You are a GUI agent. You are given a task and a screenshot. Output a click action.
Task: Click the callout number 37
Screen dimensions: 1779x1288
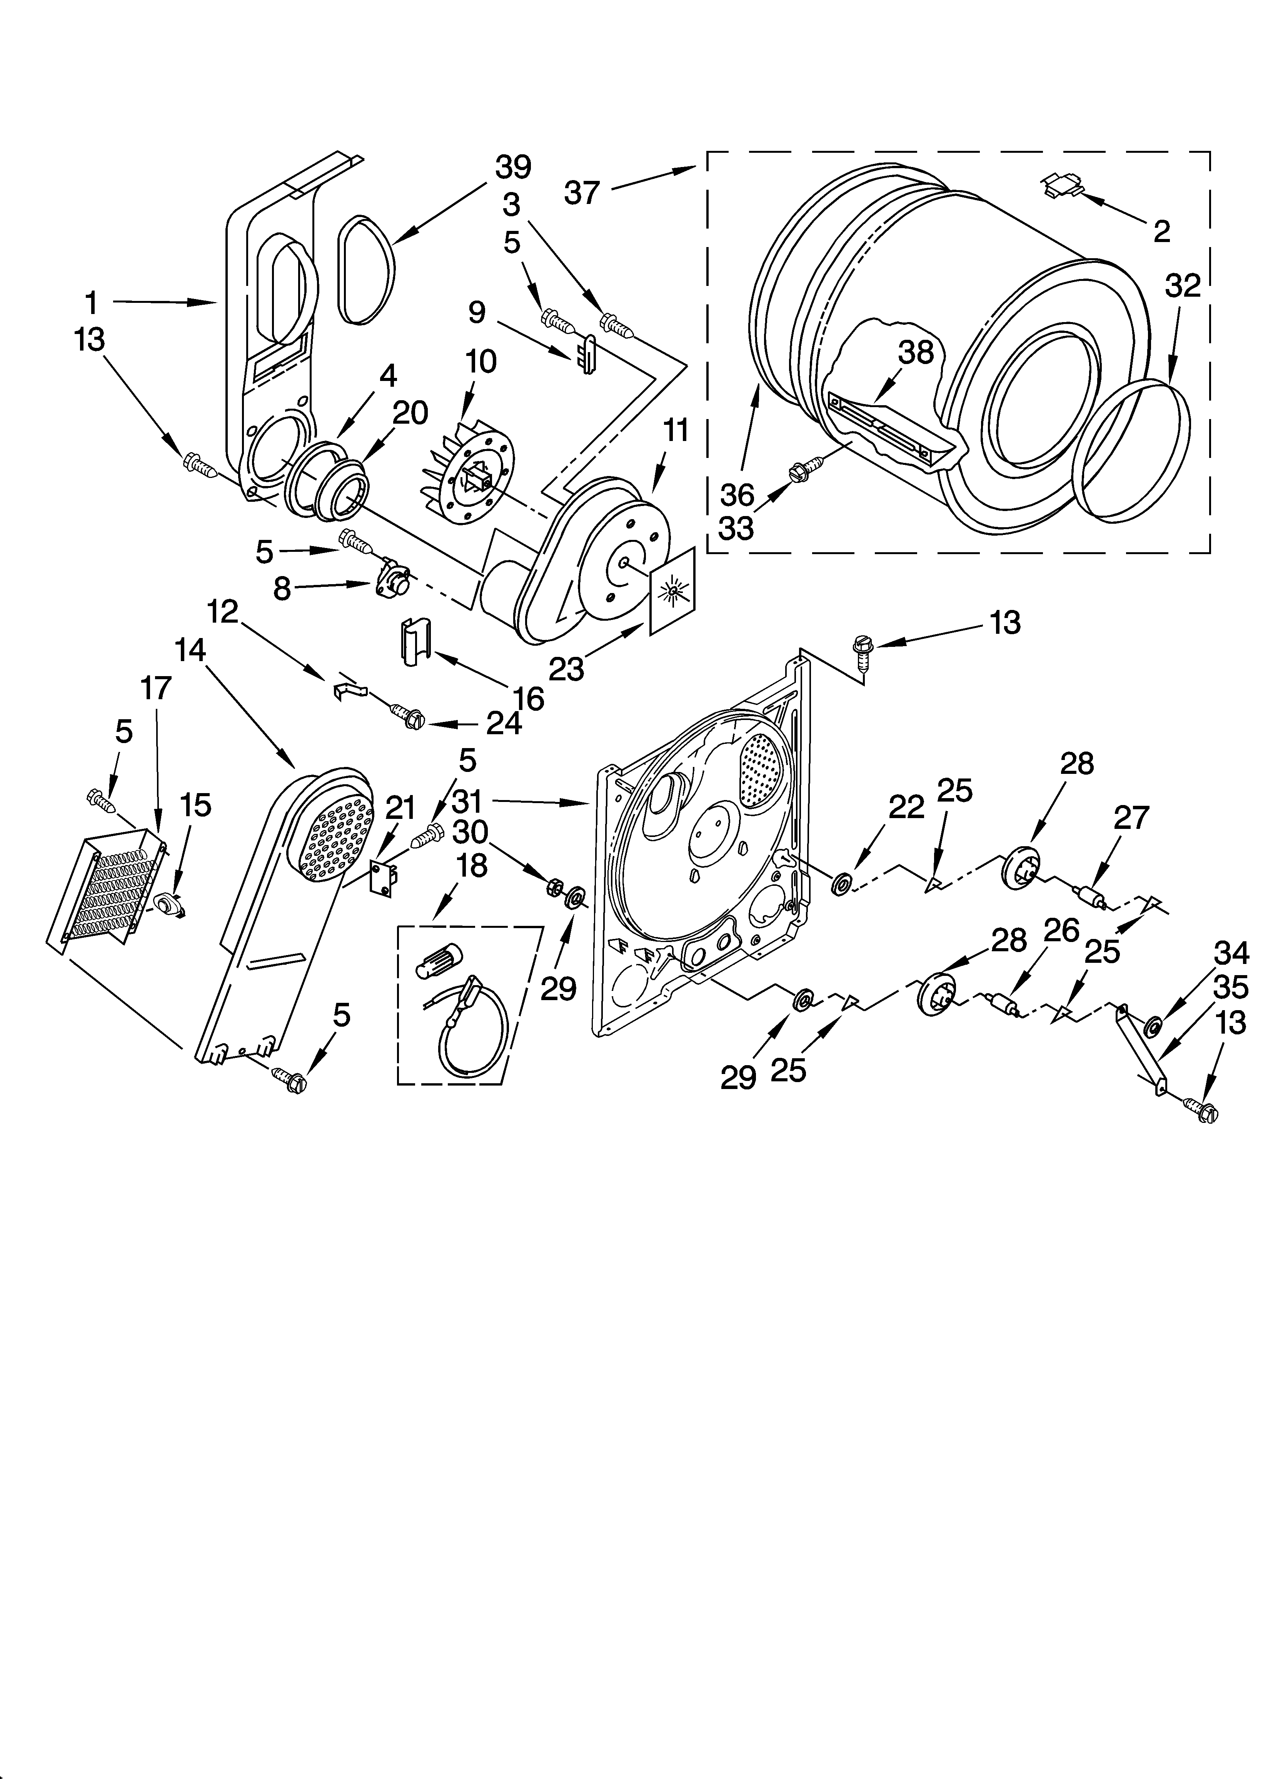point(581,192)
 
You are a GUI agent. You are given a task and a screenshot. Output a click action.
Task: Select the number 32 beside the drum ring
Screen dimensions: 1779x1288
point(1182,286)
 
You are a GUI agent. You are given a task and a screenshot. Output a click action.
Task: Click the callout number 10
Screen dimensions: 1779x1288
point(480,362)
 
